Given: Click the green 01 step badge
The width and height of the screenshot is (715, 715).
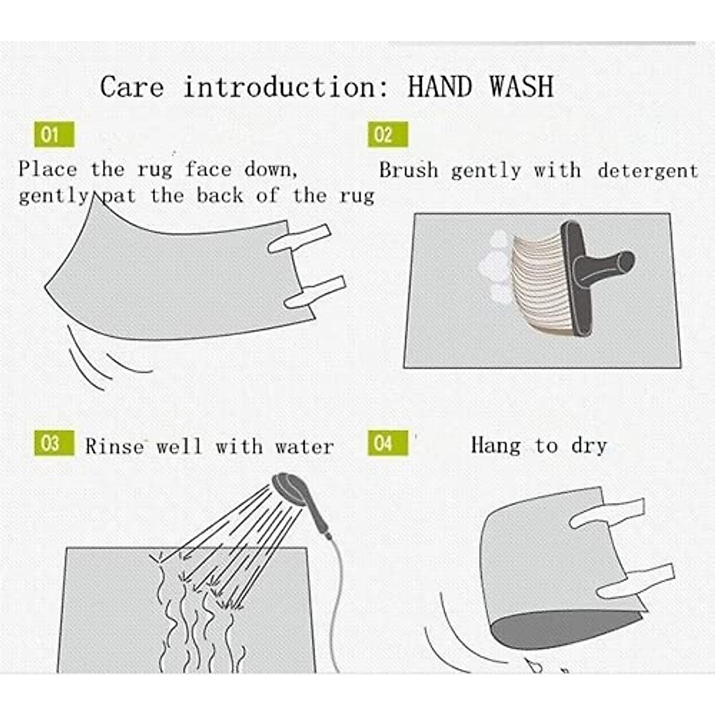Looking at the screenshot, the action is [54, 134].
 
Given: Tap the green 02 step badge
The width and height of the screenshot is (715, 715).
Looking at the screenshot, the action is [388, 134].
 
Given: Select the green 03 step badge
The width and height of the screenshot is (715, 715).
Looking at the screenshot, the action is [54, 443].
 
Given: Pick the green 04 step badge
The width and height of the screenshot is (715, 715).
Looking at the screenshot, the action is [388, 443].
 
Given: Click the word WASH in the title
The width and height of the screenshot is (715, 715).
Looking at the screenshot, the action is [522, 87].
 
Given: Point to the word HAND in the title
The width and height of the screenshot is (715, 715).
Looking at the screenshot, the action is [440, 87].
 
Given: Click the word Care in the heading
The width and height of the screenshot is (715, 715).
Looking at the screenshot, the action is [132, 87].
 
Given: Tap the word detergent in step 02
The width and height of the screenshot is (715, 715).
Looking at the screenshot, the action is [648, 171].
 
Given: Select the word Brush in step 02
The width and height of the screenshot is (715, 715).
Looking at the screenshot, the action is [409, 170].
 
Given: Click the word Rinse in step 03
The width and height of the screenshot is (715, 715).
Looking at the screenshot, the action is [115, 446].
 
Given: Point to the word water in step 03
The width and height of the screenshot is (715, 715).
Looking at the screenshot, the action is [304, 447].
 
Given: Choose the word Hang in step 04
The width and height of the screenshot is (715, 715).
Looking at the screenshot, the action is [496, 445].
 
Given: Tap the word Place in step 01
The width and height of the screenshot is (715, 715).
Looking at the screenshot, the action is [48, 169].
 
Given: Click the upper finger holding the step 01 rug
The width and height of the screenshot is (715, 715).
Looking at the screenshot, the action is [299, 238].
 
